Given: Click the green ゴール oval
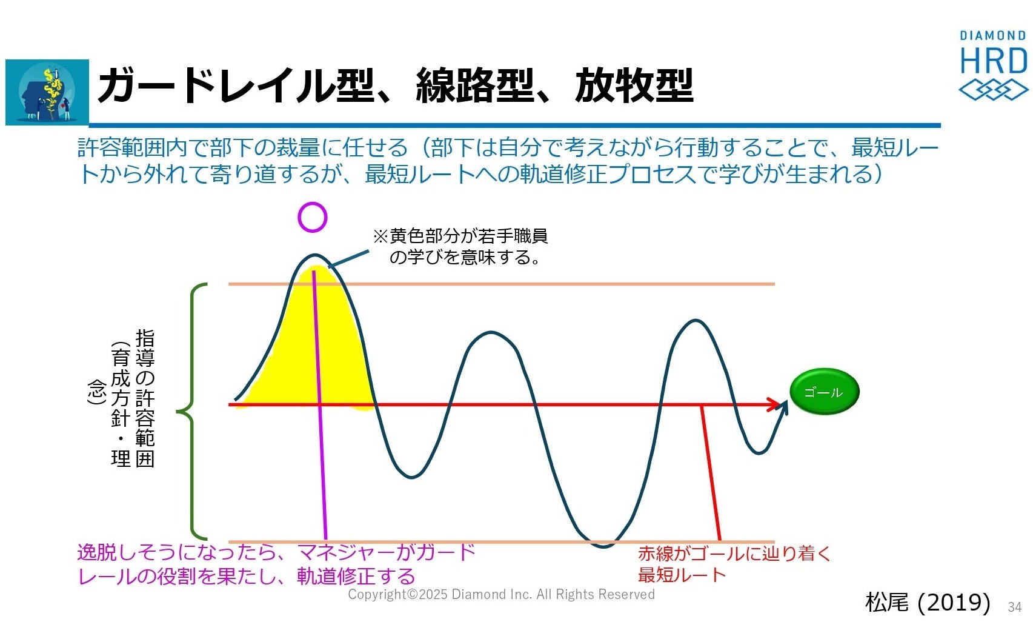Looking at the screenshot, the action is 824,392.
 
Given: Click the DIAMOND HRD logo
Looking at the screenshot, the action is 994,65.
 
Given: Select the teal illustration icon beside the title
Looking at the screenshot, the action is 47,92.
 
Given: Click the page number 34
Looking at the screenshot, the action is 1015,607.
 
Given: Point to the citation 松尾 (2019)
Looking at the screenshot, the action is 928,602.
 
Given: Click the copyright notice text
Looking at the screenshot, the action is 501,594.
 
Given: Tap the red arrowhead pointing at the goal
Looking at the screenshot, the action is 773,404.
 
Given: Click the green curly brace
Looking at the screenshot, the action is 191,411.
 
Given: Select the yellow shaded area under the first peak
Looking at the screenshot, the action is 314,351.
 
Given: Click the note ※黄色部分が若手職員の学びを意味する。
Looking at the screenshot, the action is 460,247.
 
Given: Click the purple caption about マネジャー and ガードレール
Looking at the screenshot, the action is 276,564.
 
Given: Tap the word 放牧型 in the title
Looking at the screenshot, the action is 634,85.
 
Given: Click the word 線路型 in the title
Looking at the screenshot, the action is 475,85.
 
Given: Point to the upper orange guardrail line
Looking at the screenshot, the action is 502,284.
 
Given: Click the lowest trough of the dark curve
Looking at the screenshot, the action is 603,547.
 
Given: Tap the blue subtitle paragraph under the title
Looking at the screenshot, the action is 507,161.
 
